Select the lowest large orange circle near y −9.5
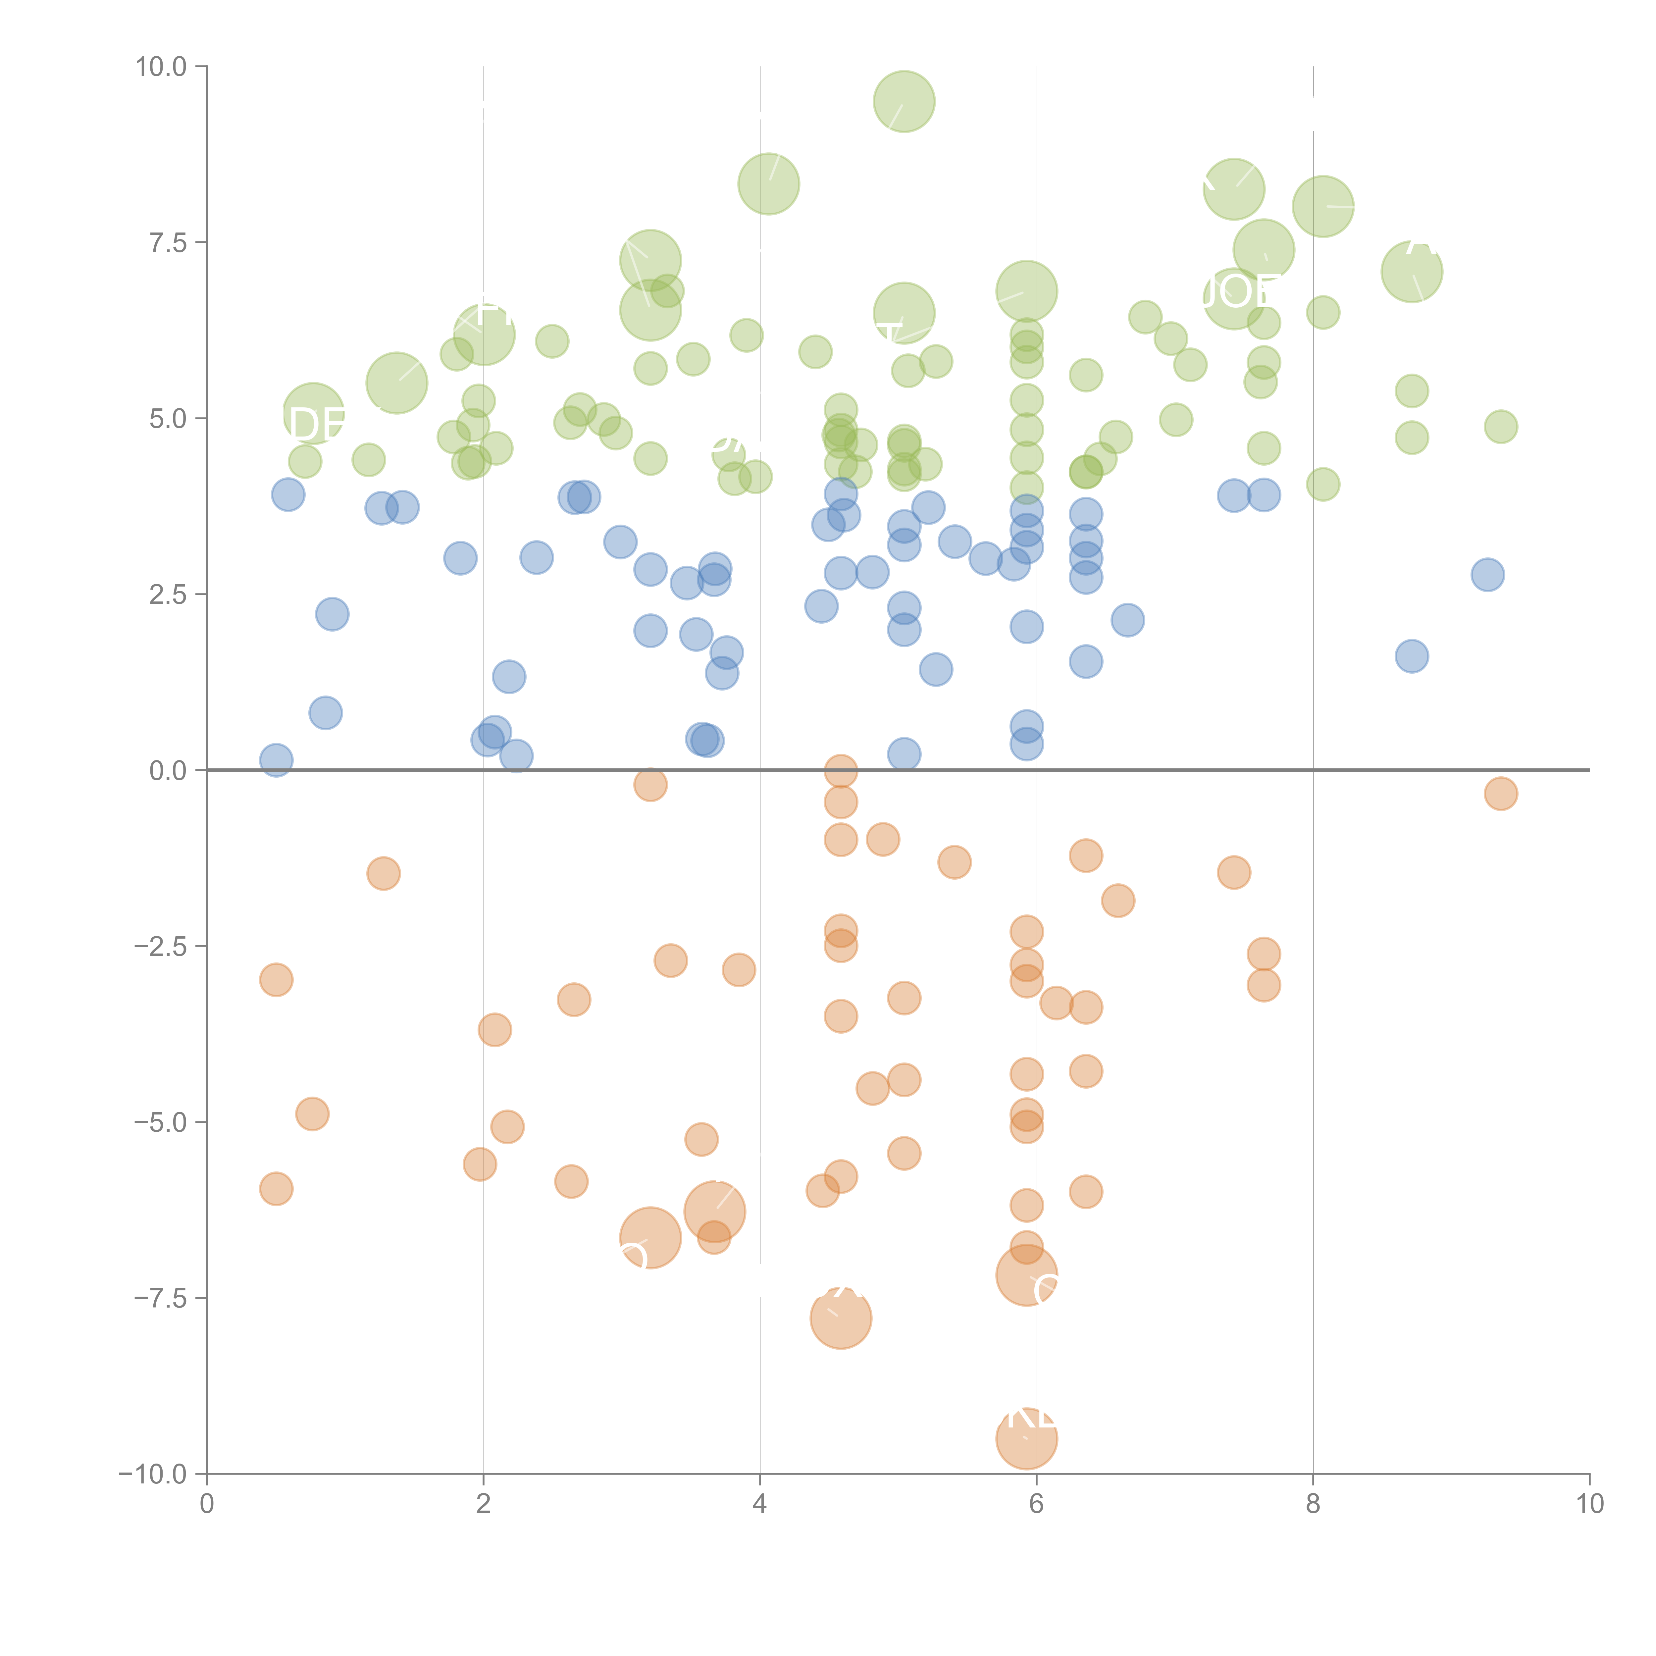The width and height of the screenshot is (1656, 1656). pos(1026,1438)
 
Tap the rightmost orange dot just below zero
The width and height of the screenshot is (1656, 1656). pos(1500,794)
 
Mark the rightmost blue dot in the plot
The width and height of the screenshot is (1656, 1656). pos(1487,574)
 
